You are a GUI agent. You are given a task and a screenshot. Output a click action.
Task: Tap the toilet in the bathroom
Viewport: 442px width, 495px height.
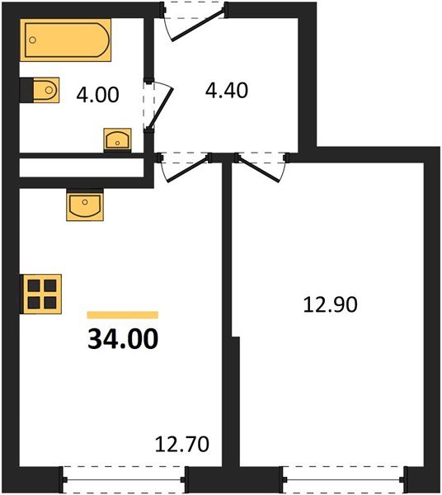pyautogui.click(x=41, y=88)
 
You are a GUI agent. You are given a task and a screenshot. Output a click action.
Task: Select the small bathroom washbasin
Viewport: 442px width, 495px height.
pyautogui.click(x=116, y=139)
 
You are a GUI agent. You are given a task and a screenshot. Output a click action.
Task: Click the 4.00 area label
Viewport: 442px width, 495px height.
pyautogui.click(x=96, y=95)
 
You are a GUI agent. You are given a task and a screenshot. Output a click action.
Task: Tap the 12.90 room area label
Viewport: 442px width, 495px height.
pyautogui.click(x=330, y=305)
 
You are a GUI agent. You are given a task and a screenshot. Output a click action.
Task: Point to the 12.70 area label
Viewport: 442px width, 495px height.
pyautogui.click(x=182, y=446)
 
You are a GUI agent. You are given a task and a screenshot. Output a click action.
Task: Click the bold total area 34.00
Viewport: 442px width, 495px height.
pyautogui.click(x=122, y=339)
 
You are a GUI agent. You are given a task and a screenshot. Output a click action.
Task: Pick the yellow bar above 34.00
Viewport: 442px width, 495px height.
pyautogui.click(x=122, y=314)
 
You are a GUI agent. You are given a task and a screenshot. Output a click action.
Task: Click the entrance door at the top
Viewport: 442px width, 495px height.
pyautogui.click(x=195, y=21)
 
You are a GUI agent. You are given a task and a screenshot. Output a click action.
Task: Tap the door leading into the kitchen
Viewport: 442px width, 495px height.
pyautogui.click(x=183, y=166)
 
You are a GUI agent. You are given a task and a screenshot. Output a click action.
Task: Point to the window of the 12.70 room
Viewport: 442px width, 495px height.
pyautogui.click(x=124, y=476)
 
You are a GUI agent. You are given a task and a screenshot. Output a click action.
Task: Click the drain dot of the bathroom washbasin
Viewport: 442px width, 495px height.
pyautogui.click(x=117, y=143)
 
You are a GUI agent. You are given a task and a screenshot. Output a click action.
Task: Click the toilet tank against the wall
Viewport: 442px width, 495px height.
pyautogui.click(x=26, y=88)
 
